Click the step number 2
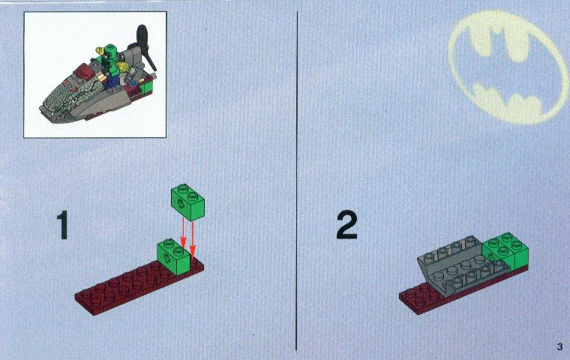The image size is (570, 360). [x=346, y=225]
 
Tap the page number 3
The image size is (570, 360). [x=559, y=346]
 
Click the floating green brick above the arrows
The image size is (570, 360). [x=187, y=202]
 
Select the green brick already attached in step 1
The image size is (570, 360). [x=174, y=256]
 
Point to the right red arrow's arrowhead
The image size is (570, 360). [x=192, y=250]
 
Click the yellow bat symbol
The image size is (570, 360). [x=508, y=67]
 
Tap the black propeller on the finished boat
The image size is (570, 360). [x=145, y=47]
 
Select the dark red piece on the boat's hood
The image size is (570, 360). [x=82, y=72]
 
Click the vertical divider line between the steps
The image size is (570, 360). [x=297, y=181]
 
